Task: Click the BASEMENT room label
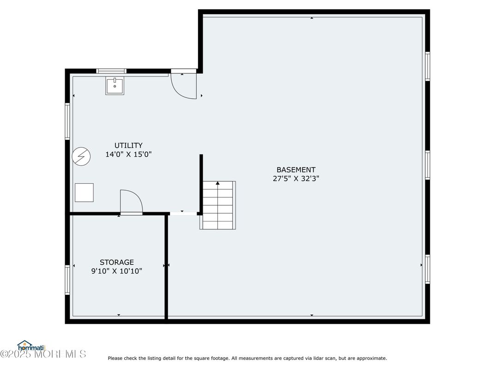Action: [x=296, y=170]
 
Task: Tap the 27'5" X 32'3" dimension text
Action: [x=296, y=179]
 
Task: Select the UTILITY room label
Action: [x=128, y=145]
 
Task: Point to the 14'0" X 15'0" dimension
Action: [x=128, y=154]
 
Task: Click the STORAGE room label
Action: [x=117, y=262]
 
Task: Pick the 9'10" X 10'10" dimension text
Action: [x=117, y=271]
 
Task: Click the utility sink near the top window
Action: [x=115, y=86]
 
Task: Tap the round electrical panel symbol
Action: [x=81, y=156]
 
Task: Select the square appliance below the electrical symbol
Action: [x=85, y=192]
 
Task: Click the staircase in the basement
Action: [x=218, y=205]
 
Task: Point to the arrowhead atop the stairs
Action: [x=217, y=183]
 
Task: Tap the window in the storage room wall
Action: [x=67, y=280]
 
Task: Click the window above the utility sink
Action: [x=111, y=71]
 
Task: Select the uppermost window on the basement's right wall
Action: [x=428, y=66]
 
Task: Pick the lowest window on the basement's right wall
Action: [x=428, y=269]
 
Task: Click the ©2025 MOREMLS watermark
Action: [x=43, y=354]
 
